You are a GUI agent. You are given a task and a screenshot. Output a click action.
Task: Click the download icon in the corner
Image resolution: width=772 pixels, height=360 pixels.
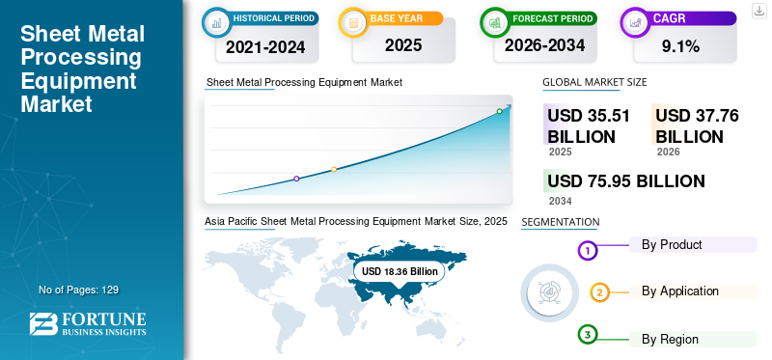(x=758, y=11)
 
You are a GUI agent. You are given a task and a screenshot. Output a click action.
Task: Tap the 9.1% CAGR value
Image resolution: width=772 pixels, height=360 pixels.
(x=680, y=46)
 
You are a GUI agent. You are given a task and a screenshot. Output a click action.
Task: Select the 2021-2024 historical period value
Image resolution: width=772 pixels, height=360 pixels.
(x=265, y=47)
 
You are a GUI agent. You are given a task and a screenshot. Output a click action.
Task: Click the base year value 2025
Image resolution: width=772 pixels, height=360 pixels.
(x=403, y=45)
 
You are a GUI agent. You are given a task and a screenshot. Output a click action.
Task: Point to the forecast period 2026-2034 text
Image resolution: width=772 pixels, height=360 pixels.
(x=544, y=45)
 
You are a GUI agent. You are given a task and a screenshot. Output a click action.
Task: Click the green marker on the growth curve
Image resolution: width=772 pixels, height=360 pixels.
(x=499, y=111)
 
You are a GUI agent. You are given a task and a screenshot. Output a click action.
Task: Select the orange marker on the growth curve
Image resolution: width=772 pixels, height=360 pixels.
(x=334, y=170)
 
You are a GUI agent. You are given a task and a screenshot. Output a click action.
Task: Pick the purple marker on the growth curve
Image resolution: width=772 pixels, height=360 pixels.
(x=296, y=179)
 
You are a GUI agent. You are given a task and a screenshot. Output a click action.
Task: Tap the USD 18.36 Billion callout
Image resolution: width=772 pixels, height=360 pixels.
(x=400, y=271)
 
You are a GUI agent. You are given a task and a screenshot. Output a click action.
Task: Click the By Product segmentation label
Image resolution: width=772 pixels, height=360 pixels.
(x=672, y=244)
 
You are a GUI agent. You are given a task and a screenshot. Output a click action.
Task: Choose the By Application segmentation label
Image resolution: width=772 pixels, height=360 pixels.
(x=680, y=291)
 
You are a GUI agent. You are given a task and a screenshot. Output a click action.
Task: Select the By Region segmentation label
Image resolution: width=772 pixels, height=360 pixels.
(x=670, y=340)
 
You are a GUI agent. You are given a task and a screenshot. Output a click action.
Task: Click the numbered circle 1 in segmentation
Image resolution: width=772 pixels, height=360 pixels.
(x=587, y=251)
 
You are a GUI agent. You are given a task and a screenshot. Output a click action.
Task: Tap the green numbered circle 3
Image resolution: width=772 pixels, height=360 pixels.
(x=587, y=335)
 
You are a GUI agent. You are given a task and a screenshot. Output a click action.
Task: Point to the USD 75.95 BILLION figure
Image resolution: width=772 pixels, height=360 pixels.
(x=626, y=181)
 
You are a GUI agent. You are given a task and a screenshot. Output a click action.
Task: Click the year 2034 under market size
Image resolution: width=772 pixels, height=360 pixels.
(x=561, y=201)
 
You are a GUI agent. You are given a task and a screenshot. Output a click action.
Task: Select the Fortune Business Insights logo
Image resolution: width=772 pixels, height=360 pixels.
(x=88, y=324)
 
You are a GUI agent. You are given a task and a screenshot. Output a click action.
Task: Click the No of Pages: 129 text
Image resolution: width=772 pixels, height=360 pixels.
(x=79, y=290)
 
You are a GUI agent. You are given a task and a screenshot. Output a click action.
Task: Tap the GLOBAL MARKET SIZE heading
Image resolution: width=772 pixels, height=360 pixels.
(x=594, y=82)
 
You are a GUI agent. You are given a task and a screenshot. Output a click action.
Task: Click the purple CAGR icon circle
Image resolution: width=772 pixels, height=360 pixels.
(x=636, y=22)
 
